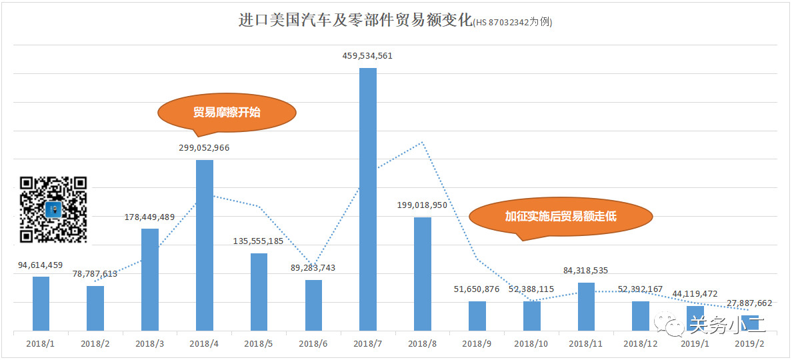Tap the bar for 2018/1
pyautogui.click(x=41, y=303)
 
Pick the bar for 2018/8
pyautogui.click(x=423, y=273)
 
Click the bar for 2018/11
pyautogui.click(x=586, y=306)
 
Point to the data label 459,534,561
pyautogui.click(x=367, y=56)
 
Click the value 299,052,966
pyautogui.click(x=204, y=148)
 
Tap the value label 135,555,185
pyautogui.click(x=259, y=241)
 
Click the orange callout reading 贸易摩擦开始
pyautogui.click(x=227, y=112)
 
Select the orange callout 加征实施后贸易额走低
pyautogui.click(x=561, y=217)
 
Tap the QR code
pyautogui.click(x=54, y=209)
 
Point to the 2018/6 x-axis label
pyautogui.click(x=313, y=343)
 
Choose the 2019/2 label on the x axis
pyautogui.click(x=749, y=343)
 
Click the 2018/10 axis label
pyautogui.click(x=531, y=343)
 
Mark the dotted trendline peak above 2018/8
pyautogui.click(x=423, y=142)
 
